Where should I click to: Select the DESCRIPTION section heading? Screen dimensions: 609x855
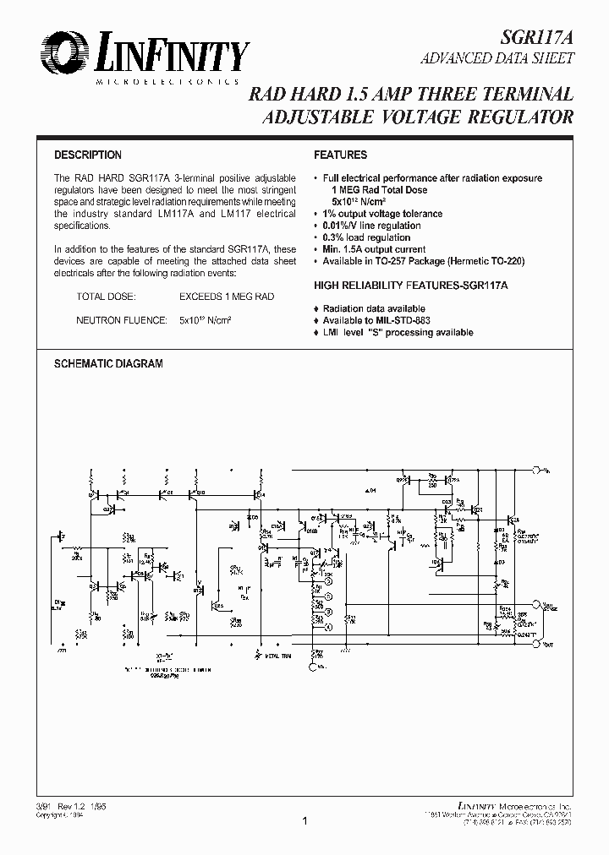[88, 155]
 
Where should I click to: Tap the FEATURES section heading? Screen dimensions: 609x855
[340, 155]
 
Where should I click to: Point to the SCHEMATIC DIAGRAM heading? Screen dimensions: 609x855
[108, 363]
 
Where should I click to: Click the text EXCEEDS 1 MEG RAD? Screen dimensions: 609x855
[226, 297]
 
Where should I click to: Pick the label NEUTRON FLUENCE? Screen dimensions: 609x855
[116, 321]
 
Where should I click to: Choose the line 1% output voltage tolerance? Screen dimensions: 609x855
[378, 214]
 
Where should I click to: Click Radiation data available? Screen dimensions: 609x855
[374, 309]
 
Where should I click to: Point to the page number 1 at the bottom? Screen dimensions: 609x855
[304, 820]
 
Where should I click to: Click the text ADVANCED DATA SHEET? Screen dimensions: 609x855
[498, 59]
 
